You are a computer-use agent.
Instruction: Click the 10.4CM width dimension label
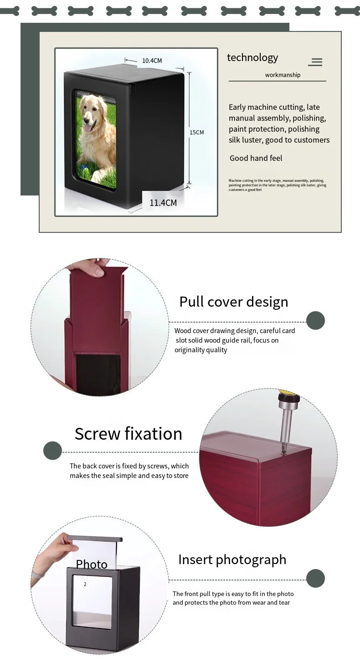click(152, 61)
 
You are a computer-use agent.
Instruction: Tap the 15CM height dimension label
click(196, 133)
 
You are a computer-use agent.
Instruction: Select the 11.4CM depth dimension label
click(163, 203)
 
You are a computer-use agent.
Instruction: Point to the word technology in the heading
click(252, 57)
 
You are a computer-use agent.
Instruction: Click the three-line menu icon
click(315, 62)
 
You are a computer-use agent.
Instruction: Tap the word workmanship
click(283, 75)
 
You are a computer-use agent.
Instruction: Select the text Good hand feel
click(256, 158)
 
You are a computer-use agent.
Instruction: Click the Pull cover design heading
click(233, 302)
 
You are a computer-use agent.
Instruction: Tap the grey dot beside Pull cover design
click(315, 321)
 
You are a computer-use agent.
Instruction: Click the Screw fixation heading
click(128, 434)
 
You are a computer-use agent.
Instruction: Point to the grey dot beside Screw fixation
click(52, 451)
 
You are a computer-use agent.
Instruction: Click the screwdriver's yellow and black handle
click(288, 396)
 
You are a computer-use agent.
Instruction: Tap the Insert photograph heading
click(232, 560)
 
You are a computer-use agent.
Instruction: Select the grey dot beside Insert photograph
click(315, 578)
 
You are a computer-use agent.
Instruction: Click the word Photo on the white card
click(91, 564)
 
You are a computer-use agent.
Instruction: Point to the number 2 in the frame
click(85, 584)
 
